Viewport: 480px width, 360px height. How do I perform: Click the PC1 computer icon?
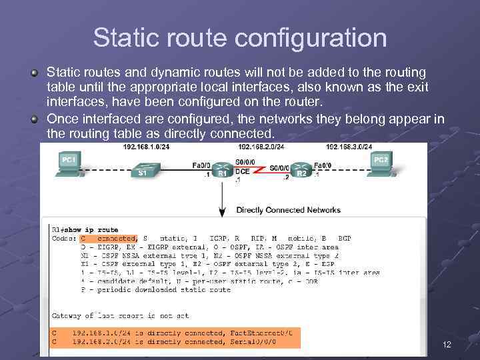69,163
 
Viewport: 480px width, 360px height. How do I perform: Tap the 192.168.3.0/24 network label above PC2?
349,147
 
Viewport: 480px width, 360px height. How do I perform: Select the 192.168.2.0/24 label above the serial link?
261,147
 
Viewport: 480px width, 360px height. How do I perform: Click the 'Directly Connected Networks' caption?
288,210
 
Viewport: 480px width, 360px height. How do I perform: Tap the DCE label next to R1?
242,171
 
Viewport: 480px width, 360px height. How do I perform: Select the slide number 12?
447,345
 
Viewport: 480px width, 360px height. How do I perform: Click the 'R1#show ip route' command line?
85,230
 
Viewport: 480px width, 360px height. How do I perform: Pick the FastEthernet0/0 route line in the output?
175,332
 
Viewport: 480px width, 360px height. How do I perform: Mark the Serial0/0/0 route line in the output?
175,341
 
